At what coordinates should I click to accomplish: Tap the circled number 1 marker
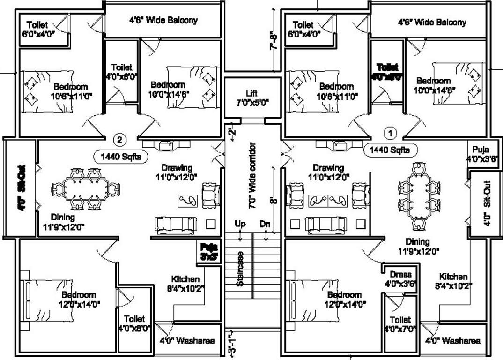[389, 133]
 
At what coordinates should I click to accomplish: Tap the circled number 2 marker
[120, 139]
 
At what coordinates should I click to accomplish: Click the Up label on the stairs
[240, 225]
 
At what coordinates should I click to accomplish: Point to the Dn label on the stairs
[265, 225]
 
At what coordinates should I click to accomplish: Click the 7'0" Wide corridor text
[252, 175]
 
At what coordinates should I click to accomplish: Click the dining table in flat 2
[83, 188]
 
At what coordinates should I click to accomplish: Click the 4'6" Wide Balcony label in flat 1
[432, 22]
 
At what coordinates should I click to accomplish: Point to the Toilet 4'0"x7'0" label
[399, 324]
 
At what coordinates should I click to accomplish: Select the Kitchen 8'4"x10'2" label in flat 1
[453, 281]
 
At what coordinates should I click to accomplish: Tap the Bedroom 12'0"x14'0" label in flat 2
[78, 299]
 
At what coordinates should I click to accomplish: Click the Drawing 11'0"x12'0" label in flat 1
[328, 172]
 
